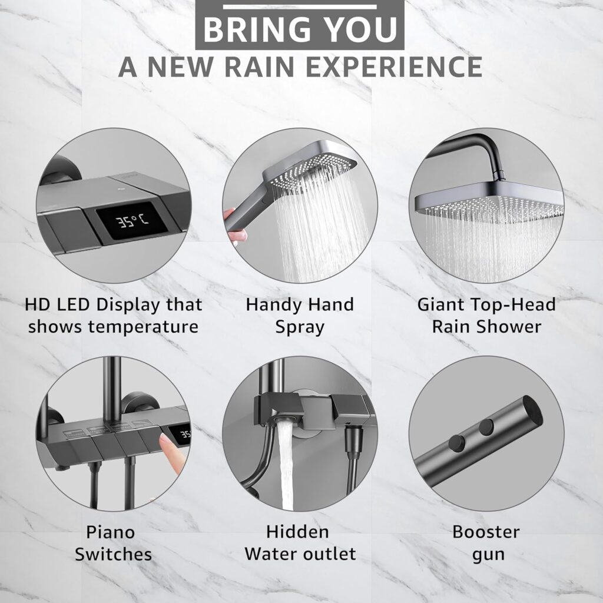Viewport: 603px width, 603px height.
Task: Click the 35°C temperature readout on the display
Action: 132,221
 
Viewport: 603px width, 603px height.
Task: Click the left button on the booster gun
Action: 457,443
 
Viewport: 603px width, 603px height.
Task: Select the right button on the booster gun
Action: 486,426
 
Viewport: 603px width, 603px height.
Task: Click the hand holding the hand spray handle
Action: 233,227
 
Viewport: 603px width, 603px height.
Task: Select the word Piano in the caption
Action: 110,532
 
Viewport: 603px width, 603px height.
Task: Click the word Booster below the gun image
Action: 486,532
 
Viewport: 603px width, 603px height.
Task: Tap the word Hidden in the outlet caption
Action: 297,532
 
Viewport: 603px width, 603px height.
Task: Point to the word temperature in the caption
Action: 143,327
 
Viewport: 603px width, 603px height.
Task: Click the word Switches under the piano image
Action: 113,555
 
